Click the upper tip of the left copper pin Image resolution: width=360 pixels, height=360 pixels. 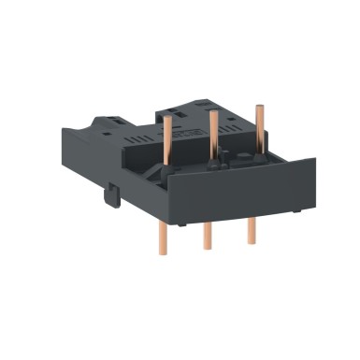169,119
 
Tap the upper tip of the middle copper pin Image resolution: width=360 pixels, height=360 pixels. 214,114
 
